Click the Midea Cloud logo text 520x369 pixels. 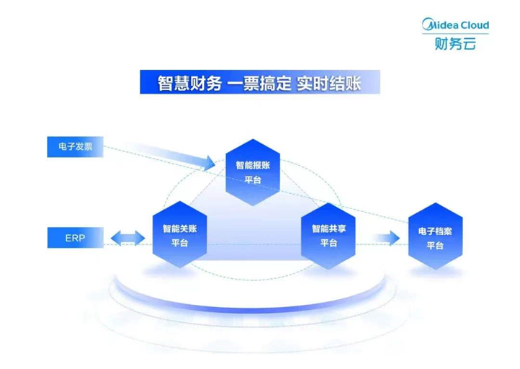(456, 25)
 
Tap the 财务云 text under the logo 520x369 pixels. (455, 43)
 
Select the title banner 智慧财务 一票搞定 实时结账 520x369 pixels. (260, 82)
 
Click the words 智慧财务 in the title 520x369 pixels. (189, 83)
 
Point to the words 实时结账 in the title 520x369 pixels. (328, 83)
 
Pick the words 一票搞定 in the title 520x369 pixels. (259, 83)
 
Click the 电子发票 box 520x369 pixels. (76, 147)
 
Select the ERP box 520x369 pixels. (76, 238)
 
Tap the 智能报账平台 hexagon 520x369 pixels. (253, 172)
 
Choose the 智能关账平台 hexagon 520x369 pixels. (180, 235)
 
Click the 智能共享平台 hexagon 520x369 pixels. (328, 236)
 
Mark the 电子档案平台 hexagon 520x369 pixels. (435, 236)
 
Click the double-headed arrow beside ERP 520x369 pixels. (128, 238)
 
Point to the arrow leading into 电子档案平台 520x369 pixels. (387, 238)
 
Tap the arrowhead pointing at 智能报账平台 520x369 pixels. (210, 163)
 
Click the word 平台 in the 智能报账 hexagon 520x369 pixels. (253, 180)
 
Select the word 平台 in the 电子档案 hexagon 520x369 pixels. (435, 246)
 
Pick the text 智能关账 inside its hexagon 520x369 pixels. (180, 228)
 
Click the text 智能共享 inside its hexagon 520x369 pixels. (328, 228)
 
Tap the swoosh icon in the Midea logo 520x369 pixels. (428, 25)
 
